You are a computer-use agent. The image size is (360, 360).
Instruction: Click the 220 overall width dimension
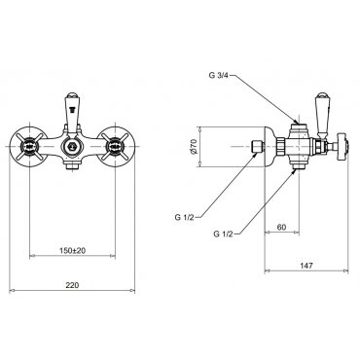pos(72,285)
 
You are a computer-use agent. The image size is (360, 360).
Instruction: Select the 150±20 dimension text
pos(72,250)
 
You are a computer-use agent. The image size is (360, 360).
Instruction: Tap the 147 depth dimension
pos(306,266)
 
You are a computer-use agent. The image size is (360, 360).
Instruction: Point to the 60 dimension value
pos(281,227)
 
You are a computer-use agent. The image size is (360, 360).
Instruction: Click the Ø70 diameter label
pos(194,146)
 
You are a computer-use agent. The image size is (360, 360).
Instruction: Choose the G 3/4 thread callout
pos(219,75)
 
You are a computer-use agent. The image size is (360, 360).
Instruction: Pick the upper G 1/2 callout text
pos(185,217)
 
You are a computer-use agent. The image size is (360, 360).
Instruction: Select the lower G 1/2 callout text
pos(224,234)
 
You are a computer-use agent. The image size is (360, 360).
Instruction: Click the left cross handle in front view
pos(29,147)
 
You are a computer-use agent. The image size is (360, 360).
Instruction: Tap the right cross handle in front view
pos(115,147)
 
